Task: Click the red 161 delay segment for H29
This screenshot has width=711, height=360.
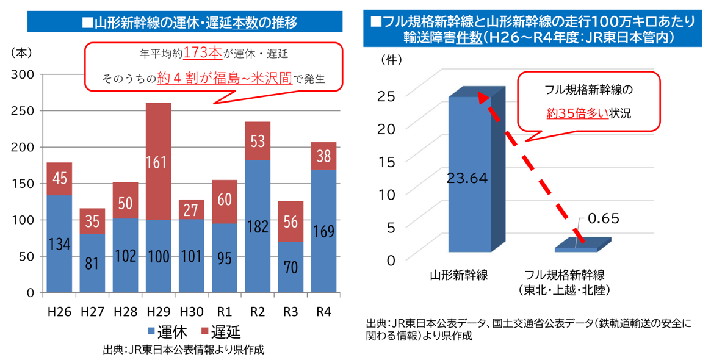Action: pyautogui.click(x=158, y=161)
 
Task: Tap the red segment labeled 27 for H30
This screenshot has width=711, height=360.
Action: pyautogui.click(x=191, y=209)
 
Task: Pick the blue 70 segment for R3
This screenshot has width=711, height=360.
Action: pyautogui.click(x=291, y=267)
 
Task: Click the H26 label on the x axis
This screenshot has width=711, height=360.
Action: pyautogui.click(x=59, y=311)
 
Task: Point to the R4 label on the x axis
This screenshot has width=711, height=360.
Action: pyautogui.click(x=323, y=311)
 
